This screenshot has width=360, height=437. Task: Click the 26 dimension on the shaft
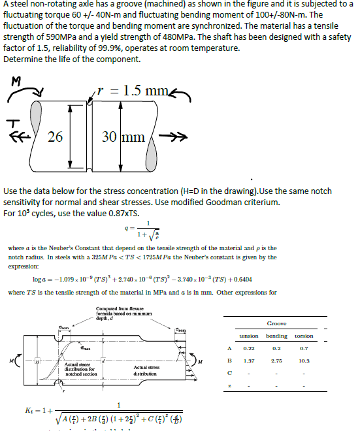pos(56,137)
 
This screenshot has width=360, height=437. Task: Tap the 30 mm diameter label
pos(124,137)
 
